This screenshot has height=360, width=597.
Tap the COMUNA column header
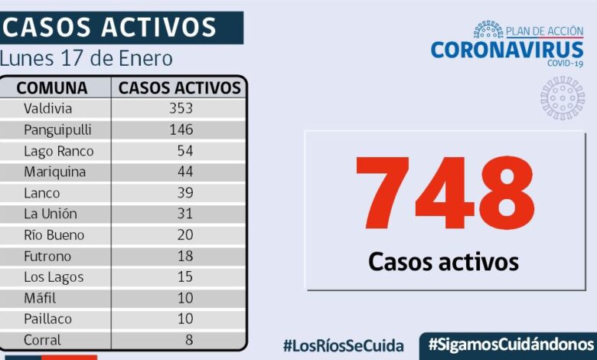pos(52,87)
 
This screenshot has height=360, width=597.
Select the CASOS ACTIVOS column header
pos(180,87)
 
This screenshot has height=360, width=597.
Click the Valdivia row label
pos(47,108)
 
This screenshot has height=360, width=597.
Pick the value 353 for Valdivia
pos(181,108)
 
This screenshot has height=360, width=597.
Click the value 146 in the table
pos(181,129)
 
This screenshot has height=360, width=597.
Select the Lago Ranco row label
pos(58,151)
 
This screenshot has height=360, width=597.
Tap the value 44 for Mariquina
pos(184,172)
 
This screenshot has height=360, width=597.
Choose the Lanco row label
pos(41,193)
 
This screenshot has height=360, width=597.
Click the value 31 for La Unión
pos(184,214)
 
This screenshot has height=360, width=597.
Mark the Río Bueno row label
pos(54,235)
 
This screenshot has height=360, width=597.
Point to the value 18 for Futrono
pos(184,256)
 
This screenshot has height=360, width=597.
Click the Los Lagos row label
pos(53,277)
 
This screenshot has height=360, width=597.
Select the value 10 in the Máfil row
pos(184,298)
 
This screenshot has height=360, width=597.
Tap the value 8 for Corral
pos(188,339)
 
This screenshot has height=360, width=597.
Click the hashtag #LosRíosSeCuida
pos(343,345)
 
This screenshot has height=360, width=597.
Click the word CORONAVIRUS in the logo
pos(507,50)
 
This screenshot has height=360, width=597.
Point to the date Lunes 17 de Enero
pos(86,59)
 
